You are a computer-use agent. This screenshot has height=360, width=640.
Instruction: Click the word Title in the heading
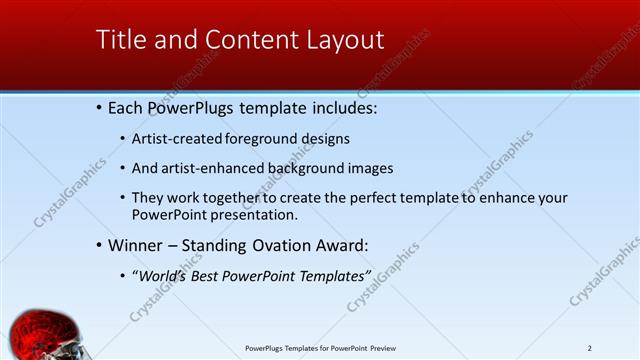[x=119, y=40]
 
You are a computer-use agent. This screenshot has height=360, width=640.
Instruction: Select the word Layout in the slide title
[x=345, y=40]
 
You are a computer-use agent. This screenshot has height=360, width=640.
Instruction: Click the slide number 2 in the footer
[x=590, y=348]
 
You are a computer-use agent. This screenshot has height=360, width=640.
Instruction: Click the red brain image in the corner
[x=40, y=337]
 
